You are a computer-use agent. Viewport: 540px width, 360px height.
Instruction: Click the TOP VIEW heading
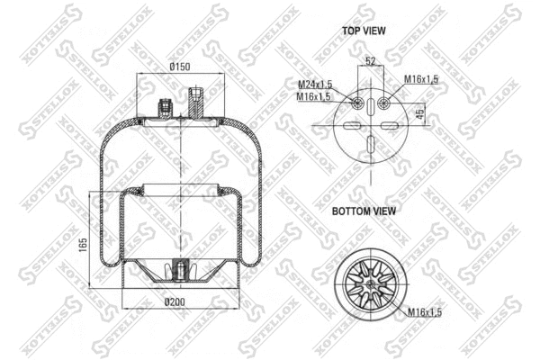[364, 31]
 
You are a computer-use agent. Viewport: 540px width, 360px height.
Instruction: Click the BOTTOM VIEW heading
[364, 211]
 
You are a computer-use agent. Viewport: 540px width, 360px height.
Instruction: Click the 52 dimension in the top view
[370, 62]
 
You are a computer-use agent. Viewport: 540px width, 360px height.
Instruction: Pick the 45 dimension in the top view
[419, 113]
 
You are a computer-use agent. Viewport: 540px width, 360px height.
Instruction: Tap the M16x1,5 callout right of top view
[420, 80]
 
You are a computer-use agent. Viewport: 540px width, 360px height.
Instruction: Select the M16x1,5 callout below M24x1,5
[314, 96]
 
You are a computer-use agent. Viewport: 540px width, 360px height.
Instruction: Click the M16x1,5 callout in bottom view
[422, 311]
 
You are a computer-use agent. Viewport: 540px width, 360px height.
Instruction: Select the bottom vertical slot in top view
[370, 148]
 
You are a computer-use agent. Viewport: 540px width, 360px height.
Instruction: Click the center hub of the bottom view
[370, 281]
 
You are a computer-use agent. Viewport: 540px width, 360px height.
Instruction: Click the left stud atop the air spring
[165, 107]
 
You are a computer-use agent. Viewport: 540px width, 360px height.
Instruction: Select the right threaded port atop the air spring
[197, 98]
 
